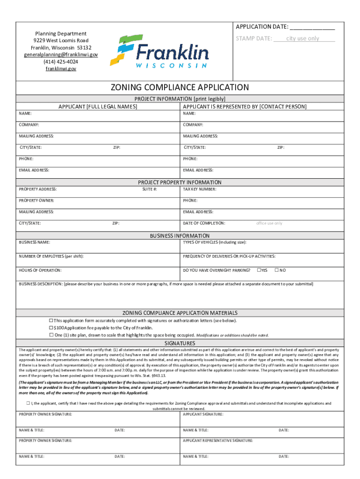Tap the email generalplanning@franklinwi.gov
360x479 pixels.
(61, 55)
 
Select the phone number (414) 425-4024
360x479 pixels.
(61, 62)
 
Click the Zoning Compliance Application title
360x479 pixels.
(180, 87)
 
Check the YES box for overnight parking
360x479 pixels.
(259, 270)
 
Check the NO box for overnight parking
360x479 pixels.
(276, 270)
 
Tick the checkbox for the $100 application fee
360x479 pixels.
(51, 328)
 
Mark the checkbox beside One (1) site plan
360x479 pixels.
(51, 335)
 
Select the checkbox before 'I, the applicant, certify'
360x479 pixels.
(28, 403)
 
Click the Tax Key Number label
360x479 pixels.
(200, 189)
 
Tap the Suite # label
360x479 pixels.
(150, 189)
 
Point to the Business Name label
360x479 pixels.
(34, 242)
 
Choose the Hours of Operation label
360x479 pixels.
(40, 270)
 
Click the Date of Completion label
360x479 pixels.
(204, 223)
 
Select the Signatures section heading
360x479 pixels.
(180, 343)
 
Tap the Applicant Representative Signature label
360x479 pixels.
(218, 441)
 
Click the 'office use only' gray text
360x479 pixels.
(269, 223)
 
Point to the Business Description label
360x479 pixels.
(40, 284)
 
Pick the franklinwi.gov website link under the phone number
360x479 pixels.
(61, 69)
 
